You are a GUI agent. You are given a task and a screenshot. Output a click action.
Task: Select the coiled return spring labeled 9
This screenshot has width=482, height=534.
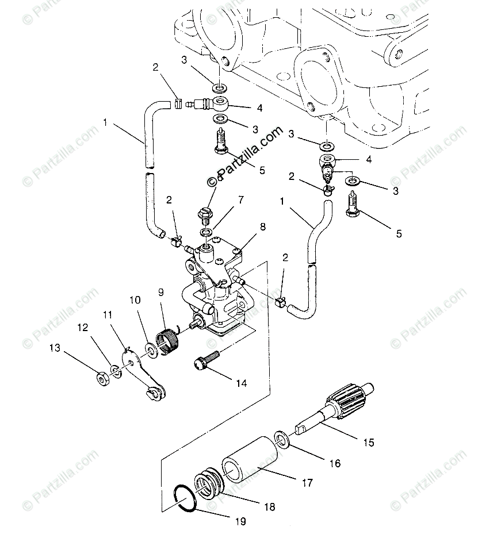click(x=168, y=341)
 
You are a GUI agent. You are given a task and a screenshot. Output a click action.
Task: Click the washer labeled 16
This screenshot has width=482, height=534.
click(x=282, y=439)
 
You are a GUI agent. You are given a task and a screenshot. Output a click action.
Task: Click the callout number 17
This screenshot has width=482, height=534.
click(x=308, y=483)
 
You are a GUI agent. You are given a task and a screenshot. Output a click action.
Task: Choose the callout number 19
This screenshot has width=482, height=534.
click(x=240, y=522)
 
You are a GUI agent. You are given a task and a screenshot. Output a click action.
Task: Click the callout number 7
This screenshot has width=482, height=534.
click(x=241, y=199)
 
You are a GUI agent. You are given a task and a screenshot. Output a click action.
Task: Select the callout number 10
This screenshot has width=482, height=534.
click(x=135, y=299)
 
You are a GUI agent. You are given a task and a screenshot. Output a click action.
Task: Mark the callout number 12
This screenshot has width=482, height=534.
click(x=83, y=327)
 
